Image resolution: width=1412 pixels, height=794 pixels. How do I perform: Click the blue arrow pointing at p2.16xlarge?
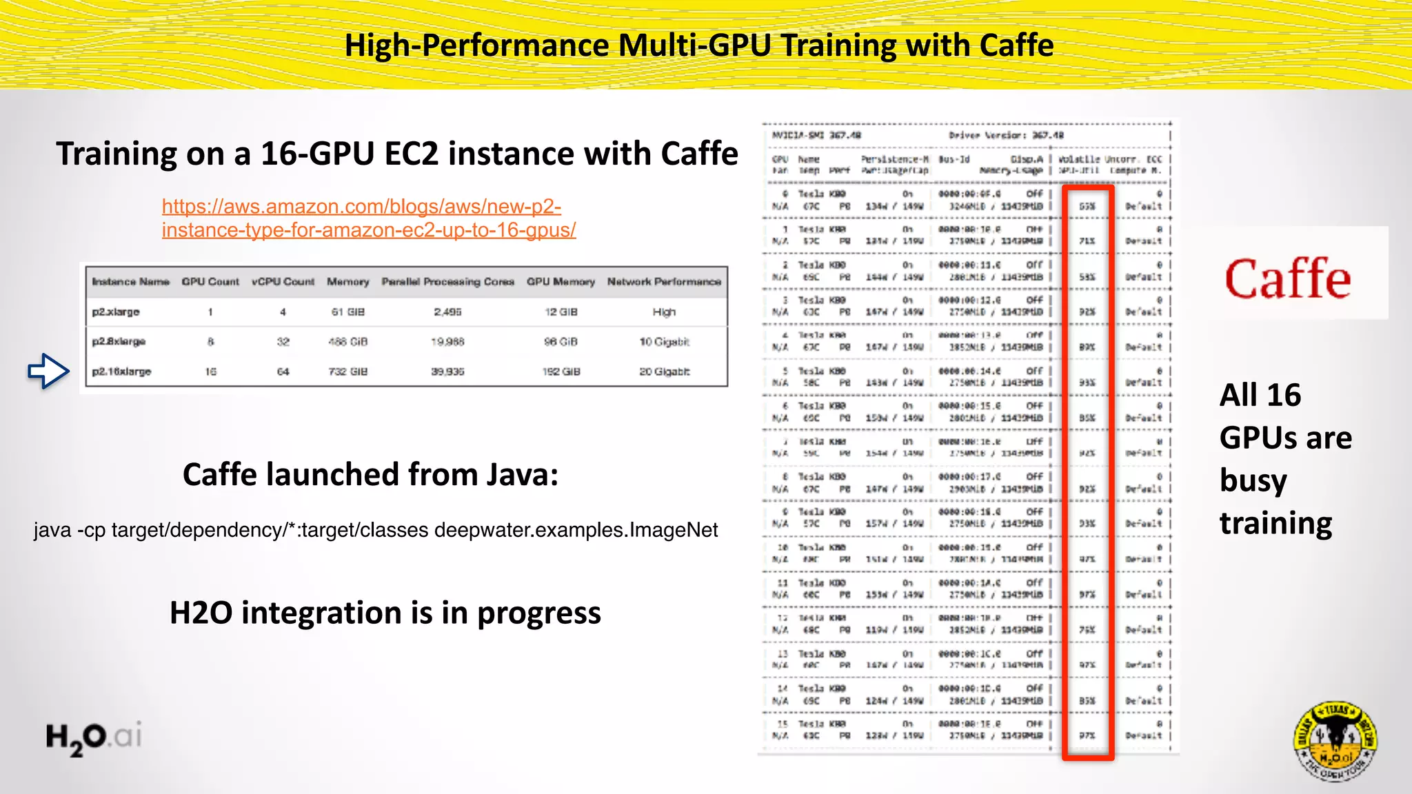pyautogui.click(x=48, y=371)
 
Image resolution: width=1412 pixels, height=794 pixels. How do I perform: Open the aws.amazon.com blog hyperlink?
pyautogui.click(x=368, y=218)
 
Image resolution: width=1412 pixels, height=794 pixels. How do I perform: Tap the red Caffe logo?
pyautogui.click(x=1287, y=279)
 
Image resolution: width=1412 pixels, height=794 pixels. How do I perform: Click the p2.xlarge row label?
pyautogui.click(x=116, y=312)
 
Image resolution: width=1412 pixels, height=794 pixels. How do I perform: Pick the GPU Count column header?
pyautogui.click(x=210, y=282)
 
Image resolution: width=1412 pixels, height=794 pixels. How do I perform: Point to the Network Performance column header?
pyautogui.click(x=664, y=282)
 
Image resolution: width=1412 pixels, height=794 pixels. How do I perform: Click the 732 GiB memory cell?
pyautogui.click(x=348, y=371)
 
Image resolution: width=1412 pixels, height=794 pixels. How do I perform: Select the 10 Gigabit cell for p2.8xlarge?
pyautogui.click(x=664, y=342)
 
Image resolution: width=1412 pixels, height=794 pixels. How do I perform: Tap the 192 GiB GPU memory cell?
pyautogui.click(x=561, y=371)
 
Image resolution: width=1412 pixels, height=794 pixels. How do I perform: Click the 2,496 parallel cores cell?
pyautogui.click(x=447, y=312)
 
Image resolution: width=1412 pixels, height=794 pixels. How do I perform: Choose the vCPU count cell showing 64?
pyautogui.click(x=283, y=371)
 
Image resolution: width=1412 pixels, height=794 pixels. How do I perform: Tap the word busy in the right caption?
pyautogui.click(x=1253, y=481)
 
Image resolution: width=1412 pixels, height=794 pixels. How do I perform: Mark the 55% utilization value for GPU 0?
pyautogui.click(x=1087, y=206)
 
